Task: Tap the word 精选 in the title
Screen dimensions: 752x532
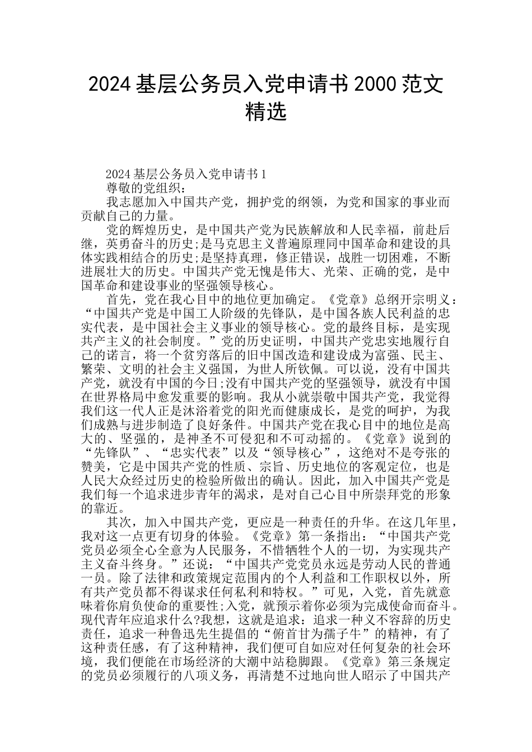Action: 266,111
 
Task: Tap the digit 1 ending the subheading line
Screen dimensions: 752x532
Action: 264,175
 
